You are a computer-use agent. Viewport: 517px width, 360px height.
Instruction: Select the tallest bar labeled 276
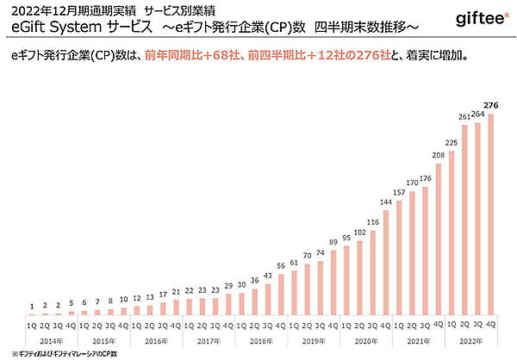(x=492, y=215)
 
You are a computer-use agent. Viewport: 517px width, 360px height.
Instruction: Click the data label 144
(x=385, y=204)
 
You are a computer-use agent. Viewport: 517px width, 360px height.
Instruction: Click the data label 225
(x=452, y=142)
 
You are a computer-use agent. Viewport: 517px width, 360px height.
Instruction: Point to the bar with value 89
(x=333, y=284)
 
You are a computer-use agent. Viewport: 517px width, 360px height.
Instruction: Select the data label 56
(x=280, y=266)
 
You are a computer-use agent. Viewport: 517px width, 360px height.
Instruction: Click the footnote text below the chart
(x=64, y=353)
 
